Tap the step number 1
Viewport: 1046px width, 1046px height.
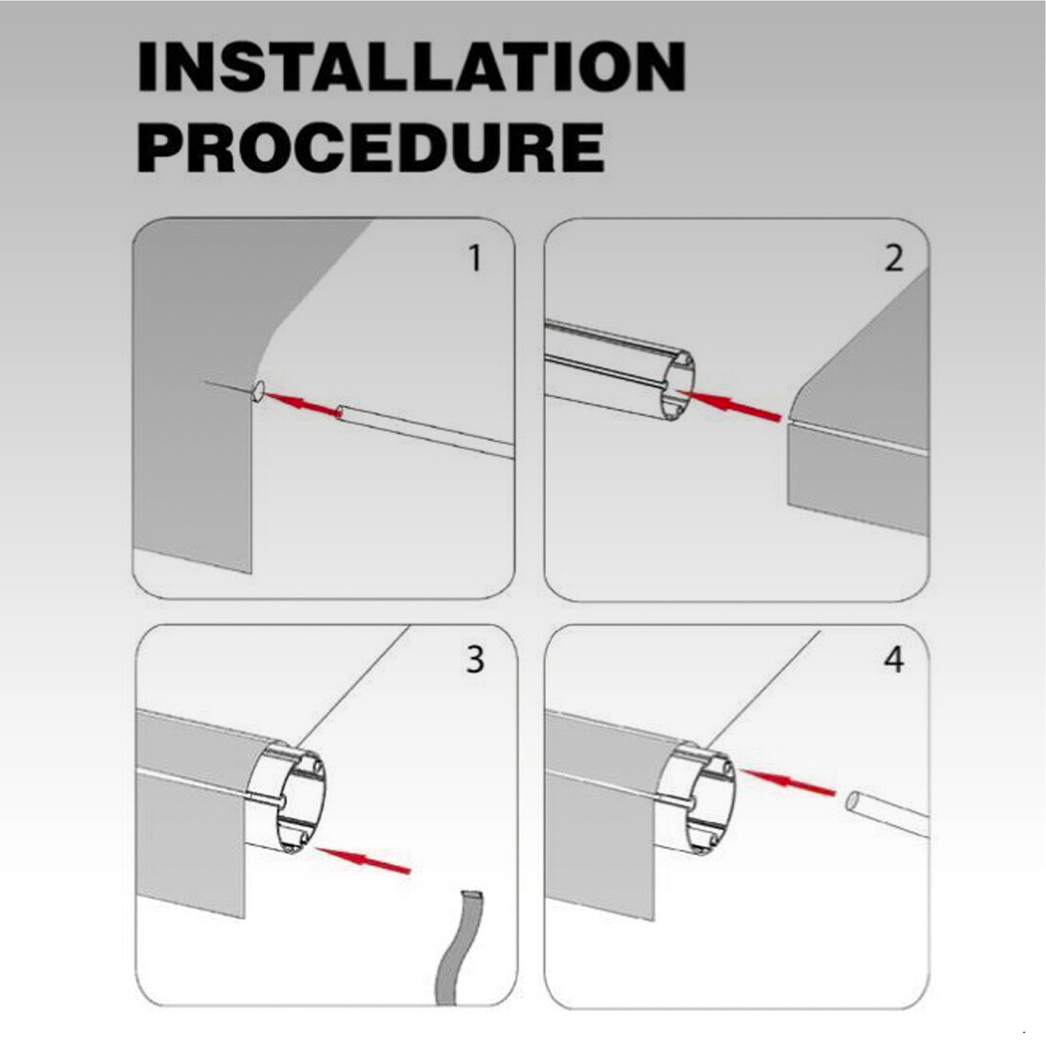[475, 258]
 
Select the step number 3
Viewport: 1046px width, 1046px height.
[475, 660]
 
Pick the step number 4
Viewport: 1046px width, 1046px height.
[894, 660]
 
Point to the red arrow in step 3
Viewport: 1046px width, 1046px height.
[363, 859]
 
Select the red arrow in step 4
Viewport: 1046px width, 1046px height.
[789, 781]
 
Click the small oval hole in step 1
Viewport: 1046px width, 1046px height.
[258, 391]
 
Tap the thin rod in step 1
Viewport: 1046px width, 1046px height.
[425, 431]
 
